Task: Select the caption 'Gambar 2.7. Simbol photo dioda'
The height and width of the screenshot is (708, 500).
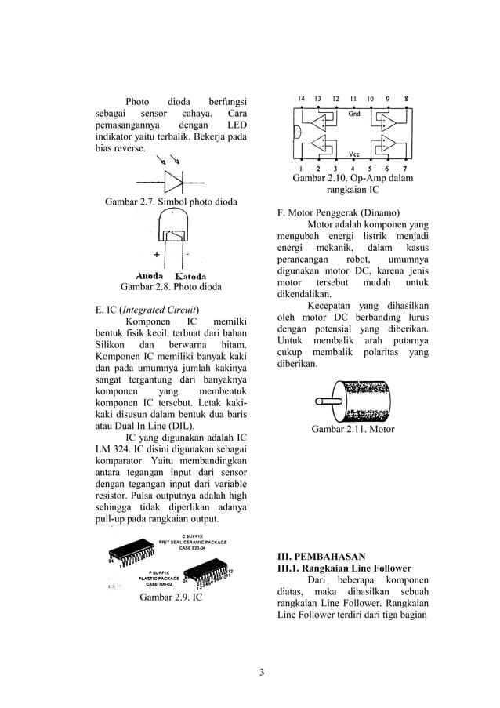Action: click(171, 202)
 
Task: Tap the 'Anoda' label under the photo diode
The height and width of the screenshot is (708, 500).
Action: click(150, 276)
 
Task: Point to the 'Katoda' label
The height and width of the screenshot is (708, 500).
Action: click(190, 276)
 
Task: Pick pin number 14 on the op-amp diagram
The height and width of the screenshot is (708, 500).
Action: click(301, 99)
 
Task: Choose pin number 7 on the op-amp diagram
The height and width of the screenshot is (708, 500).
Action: click(404, 168)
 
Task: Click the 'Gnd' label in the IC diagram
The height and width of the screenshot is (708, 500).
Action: click(354, 114)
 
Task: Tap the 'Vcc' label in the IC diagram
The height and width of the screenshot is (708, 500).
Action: click(353, 153)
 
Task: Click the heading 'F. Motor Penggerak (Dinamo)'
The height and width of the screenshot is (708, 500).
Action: click(339, 212)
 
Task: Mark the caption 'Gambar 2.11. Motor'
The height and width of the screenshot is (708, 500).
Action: click(353, 429)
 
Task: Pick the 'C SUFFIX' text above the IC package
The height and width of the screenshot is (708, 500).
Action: click(194, 536)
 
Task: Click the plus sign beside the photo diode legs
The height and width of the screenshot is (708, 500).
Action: click(157, 255)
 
